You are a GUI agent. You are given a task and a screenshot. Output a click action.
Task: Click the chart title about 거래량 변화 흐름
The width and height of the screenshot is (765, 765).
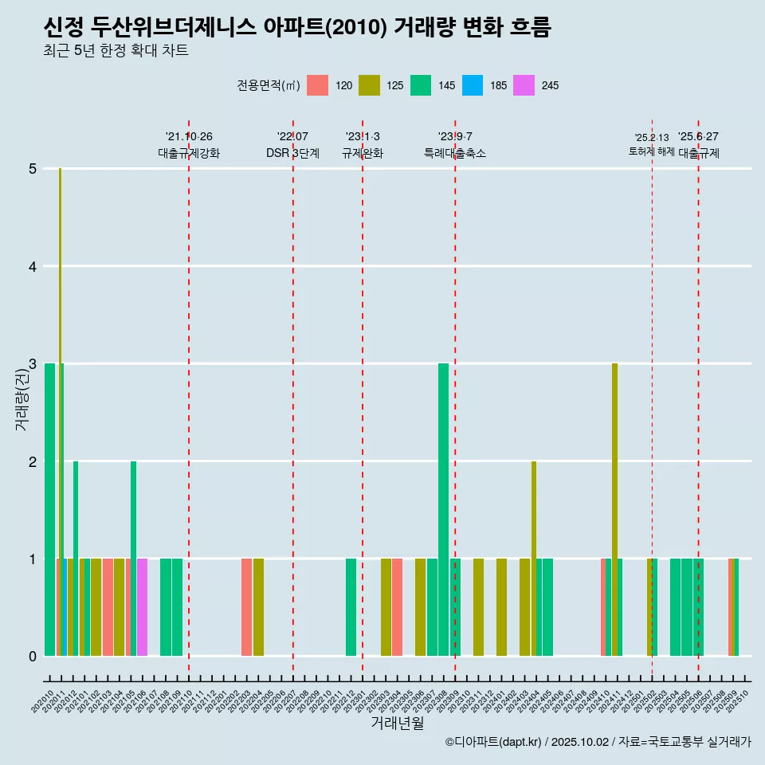click(x=297, y=28)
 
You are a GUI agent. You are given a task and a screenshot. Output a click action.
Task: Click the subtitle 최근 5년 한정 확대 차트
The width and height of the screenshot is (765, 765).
click(x=116, y=51)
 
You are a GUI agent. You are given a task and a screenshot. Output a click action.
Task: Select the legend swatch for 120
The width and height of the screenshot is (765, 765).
click(x=318, y=85)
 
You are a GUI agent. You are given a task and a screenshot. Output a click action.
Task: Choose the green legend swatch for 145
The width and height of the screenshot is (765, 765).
click(x=421, y=85)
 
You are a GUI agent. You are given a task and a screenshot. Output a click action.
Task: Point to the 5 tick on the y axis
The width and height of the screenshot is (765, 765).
click(x=33, y=169)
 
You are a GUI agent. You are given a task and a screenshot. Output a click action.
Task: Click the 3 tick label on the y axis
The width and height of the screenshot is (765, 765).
click(x=33, y=364)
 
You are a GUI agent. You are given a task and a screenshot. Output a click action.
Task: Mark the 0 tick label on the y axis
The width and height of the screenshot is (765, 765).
click(x=33, y=657)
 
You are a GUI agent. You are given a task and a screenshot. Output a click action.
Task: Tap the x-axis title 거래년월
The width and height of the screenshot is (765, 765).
click(x=397, y=723)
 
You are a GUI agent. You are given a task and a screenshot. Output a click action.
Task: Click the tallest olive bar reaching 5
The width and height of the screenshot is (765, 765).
click(x=61, y=398)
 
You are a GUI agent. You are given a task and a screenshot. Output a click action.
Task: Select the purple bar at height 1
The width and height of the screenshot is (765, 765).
click(x=143, y=607)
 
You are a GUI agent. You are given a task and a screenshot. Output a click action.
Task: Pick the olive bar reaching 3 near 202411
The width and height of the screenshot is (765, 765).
click(x=614, y=510)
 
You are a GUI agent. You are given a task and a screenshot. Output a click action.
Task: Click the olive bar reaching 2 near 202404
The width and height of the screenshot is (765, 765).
click(x=534, y=558)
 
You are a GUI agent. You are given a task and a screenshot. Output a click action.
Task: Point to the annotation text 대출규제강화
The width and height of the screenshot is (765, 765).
click(x=189, y=153)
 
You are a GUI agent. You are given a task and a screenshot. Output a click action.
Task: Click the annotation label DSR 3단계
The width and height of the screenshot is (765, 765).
click(x=293, y=153)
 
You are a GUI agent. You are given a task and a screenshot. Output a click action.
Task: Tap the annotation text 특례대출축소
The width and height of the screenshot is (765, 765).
click(x=455, y=153)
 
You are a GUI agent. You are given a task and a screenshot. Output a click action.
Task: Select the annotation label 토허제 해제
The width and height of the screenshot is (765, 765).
click(x=651, y=151)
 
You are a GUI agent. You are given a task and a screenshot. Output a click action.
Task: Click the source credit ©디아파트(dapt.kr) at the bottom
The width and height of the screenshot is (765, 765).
click(x=494, y=742)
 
